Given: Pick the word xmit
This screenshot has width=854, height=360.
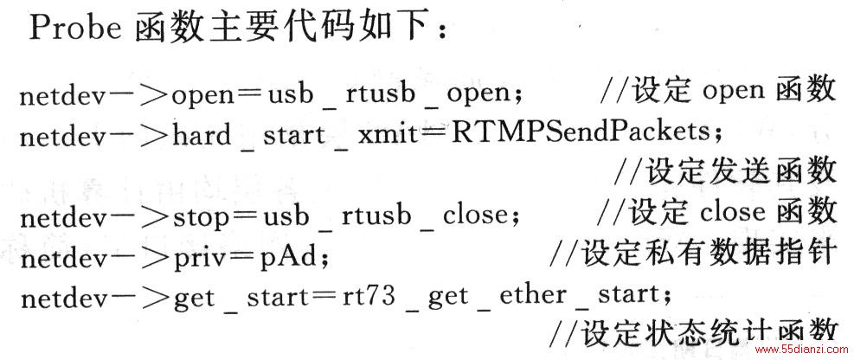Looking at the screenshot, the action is (385, 134).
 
